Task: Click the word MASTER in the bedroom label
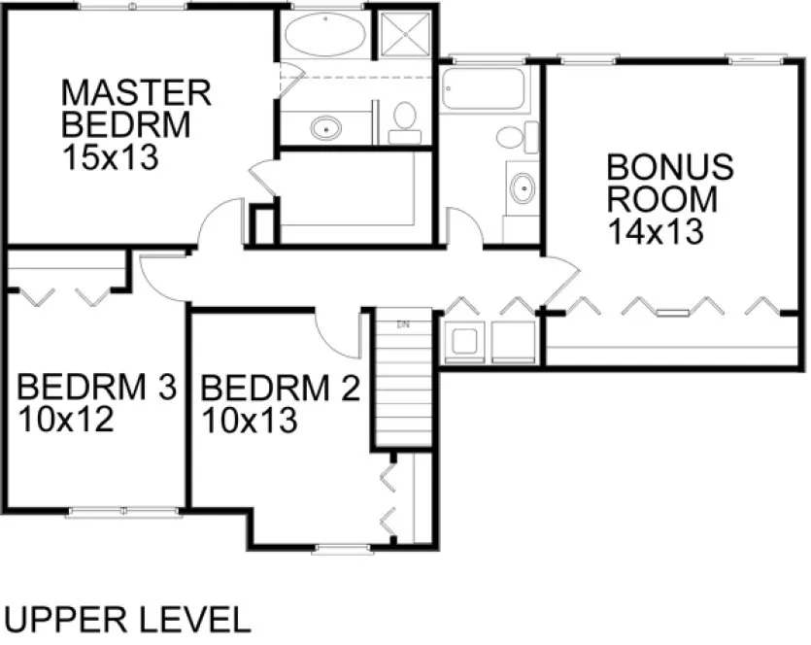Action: coord(136,92)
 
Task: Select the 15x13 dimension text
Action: coord(109,157)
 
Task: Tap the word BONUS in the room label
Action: coord(669,166)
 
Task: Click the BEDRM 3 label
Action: coord(96,388)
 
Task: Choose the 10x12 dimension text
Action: coord(66,421)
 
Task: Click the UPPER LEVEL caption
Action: coord(128,618)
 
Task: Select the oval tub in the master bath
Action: coord(325,38)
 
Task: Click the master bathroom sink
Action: coord(326,127)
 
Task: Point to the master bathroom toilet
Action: coord(405,120)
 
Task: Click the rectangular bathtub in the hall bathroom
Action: coord(483,88)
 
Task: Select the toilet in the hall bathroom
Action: coord(514,136)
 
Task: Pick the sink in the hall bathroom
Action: coord(523,187)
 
